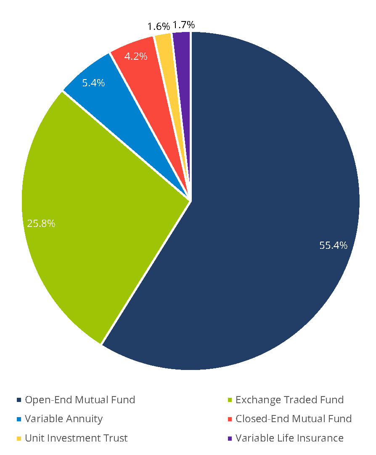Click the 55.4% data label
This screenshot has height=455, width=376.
[333, 245]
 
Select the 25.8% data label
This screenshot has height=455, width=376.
[41, 224]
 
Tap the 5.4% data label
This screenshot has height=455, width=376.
[93, 83]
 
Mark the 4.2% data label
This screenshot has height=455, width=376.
[136, 56]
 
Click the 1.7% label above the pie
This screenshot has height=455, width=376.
[184, 25]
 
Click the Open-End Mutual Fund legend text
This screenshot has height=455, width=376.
[80, 399]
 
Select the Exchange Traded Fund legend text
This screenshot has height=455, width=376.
[289, 399]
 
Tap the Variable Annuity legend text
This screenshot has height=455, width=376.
[64, 419]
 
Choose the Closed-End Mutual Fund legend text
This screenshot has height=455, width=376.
[294, 419]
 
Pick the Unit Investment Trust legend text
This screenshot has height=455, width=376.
[76, 438]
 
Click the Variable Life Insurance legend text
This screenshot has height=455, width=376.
[289, 438]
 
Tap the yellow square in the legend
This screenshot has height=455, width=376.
[19, 439]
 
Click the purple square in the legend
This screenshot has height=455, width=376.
[229, 439]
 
